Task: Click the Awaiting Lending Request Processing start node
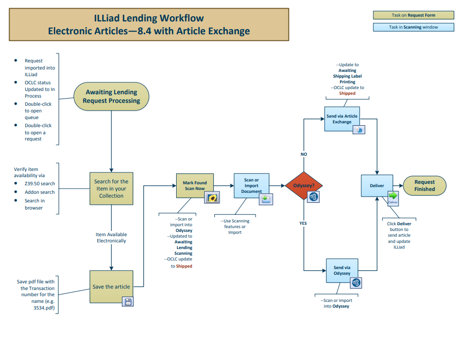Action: pos(111,97)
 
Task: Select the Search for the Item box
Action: pos(111,189)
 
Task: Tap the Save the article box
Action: pos(111,287)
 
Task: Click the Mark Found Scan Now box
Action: pos(194,186)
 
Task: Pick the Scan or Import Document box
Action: pos(251,186)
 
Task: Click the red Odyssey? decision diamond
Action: pos(304,186)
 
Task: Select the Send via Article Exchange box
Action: pos(342,119)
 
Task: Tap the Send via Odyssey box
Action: pos(342,270)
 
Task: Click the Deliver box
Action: pos(377,186)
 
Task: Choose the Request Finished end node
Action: pos(425,186)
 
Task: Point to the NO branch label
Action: pos(304,154)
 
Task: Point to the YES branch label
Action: pos(303,223)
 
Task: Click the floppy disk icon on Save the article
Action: pos(128,301)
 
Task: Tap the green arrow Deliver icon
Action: pos(393,196)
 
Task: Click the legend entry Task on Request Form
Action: pos(413,15)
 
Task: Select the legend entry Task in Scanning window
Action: pos(413,27)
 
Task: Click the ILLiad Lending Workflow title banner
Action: pos(149,25)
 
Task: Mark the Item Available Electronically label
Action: pos(111,238)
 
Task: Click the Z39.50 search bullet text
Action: pos(40,183)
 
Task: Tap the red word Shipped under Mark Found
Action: pos(184,266)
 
